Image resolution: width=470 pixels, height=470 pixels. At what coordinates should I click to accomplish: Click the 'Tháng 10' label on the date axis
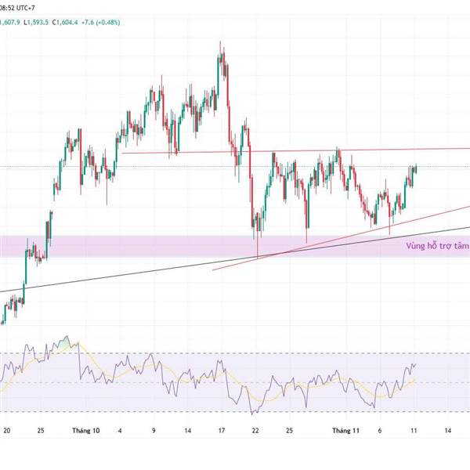click(85, 430)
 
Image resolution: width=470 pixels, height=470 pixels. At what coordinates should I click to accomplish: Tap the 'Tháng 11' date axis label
click(345, 430)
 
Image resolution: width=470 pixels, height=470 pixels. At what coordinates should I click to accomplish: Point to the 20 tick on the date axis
click(7, 430)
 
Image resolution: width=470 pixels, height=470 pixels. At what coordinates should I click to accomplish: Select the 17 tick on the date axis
click(222, 430)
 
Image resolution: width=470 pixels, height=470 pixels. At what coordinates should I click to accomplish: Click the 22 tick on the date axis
click(255, 430)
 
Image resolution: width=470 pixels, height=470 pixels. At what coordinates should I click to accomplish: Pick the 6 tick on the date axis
click(379, 430)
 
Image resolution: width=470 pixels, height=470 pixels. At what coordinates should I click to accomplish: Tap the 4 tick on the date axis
click(120, 430)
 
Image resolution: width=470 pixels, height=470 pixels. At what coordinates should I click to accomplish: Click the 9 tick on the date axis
click(154, 430)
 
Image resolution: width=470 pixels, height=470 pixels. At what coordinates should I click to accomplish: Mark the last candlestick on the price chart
click(415, 168)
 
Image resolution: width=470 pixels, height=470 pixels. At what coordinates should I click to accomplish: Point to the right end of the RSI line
click(416, 363)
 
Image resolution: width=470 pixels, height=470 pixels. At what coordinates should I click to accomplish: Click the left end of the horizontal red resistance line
click(123, 153)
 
